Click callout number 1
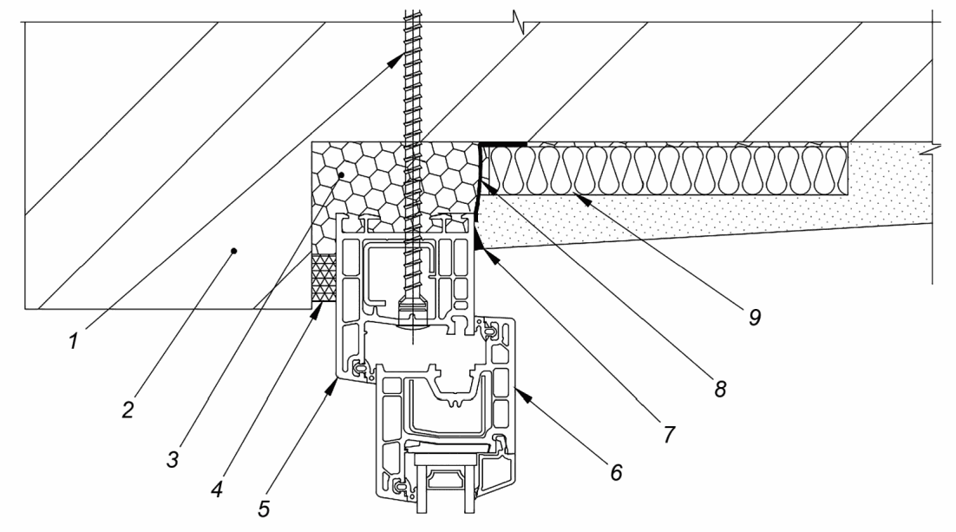(x=74, y=341)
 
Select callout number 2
(x=128, y=410)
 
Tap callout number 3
(x=174, y=459)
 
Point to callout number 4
(x=217, y=489)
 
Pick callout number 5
(x=264, y=509)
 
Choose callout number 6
(x=616, y=471)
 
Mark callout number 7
(x=670, y=435)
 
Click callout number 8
(x=721, y=388)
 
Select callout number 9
(x=755, y=317)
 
